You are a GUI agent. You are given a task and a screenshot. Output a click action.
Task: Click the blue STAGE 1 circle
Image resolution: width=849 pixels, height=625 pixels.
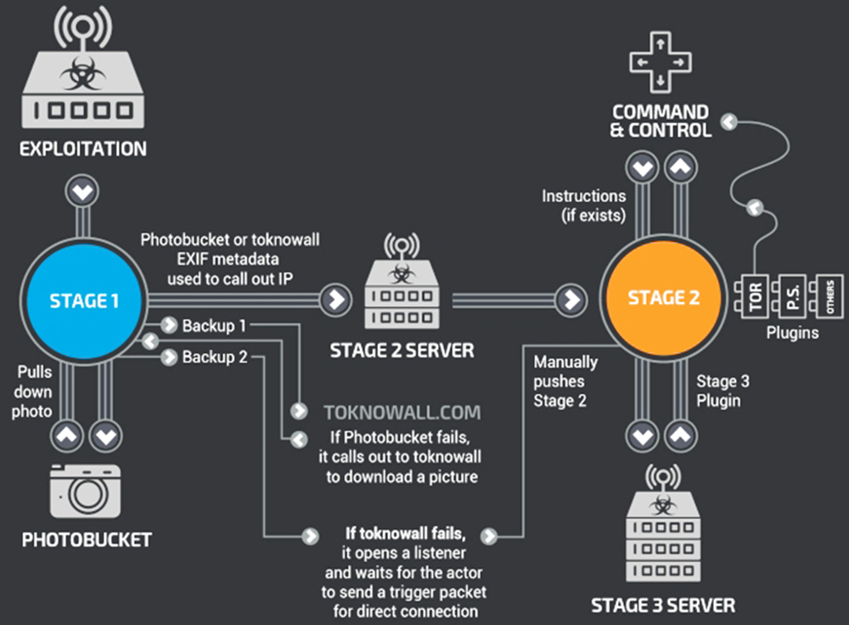[x=83, y=300]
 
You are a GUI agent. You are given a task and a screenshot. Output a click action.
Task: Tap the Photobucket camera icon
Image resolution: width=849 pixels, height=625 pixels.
[x=86, y=492]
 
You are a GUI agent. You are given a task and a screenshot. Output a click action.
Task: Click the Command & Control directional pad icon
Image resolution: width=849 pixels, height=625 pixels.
[x=660, y=60]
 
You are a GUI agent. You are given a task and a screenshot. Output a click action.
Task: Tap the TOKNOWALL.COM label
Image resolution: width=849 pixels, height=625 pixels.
[x=402, y=413]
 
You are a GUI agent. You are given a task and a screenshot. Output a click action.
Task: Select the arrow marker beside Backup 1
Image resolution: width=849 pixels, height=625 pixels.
[x=166, y=325]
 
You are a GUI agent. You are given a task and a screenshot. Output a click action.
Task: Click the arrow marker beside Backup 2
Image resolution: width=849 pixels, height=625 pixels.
[x=166, y=358]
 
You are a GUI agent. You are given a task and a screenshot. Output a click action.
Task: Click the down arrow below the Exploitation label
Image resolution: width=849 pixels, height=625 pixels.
[x=82, y=192]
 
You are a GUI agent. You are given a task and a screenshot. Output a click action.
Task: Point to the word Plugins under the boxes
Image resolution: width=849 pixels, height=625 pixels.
[x=791, y=333]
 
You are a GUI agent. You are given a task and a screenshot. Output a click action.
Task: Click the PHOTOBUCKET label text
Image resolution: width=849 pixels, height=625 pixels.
[x=86, y=540]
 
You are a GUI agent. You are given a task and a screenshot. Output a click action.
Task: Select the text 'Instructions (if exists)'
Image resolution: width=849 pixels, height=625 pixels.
[x=584, y=206]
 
